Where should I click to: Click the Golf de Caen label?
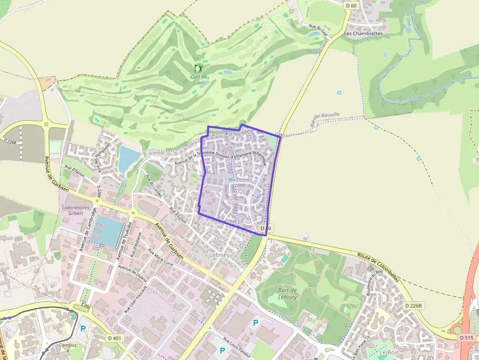pos(198,80)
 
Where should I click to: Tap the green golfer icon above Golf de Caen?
pos(198,68)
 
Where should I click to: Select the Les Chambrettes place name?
pos(363,34)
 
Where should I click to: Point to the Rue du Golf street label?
pos(318,29)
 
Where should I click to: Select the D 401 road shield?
pos(114,338)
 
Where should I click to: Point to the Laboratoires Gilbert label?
pos(73,210)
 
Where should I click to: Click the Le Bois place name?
pos(389,352)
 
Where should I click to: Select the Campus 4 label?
pos(67,347)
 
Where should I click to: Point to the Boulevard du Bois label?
pos(375,285)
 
